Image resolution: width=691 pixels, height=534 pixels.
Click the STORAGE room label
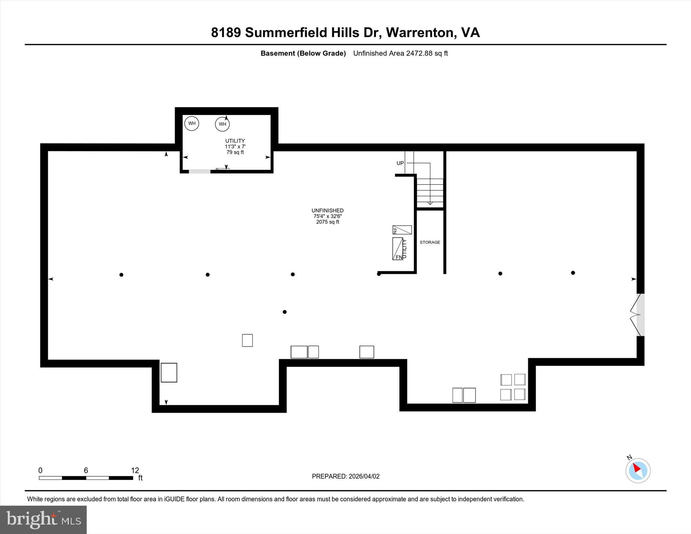(430, 242)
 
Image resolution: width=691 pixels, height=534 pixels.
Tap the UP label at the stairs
(400, 163)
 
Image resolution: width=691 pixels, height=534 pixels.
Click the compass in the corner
(638, 470)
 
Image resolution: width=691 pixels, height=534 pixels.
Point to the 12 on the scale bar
(135, 470)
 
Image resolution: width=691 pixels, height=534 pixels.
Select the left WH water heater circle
(192, 123)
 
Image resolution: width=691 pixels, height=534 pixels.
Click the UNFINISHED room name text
(327, 210)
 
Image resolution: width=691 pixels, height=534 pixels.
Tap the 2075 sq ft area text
(327, 222)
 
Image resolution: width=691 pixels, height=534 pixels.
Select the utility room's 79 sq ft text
(235, 152)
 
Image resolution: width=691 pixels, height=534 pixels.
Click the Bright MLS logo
(43, 519)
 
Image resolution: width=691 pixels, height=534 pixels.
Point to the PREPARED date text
(345, 476)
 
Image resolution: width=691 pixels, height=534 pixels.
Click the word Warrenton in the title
(419, 33)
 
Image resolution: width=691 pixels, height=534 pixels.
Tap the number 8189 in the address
(226, 33)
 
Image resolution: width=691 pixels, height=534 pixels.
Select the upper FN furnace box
(402, 230)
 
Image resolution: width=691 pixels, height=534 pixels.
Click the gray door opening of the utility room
(199, 172)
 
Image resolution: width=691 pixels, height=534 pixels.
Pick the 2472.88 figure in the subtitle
(419, 53)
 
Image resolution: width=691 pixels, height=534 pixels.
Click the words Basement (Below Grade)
(303, 53)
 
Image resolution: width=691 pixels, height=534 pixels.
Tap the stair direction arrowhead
(430, 203)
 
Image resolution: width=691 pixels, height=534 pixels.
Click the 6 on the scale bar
(86, 470)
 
